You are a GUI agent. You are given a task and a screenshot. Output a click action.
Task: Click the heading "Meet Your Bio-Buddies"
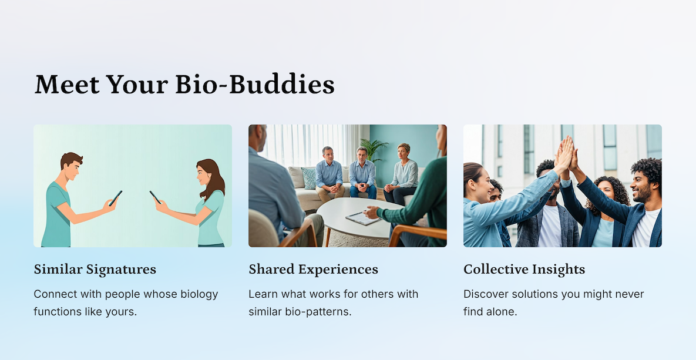pos(184,84)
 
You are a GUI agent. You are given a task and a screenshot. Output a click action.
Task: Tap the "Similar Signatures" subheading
pos(95,270)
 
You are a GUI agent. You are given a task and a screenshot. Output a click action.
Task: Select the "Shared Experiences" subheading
pos(314,270)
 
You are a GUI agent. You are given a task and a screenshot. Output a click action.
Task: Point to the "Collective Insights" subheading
pos(524,270)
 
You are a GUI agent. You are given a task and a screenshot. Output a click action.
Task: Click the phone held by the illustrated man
pos(115,198)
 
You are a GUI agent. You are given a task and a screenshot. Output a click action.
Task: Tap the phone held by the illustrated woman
pos(155,197)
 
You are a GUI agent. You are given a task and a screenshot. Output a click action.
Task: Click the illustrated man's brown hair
pos(71,159)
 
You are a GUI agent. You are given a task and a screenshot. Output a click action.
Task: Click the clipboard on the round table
pos(363,218)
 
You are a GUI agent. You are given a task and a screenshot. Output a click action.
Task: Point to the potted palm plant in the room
pos(374,149)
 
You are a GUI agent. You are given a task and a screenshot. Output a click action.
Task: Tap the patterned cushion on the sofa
pos(308,177)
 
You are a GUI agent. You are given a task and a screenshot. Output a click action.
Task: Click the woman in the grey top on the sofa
pos(402,173)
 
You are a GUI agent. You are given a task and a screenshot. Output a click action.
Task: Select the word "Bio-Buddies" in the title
pos(255,84)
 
